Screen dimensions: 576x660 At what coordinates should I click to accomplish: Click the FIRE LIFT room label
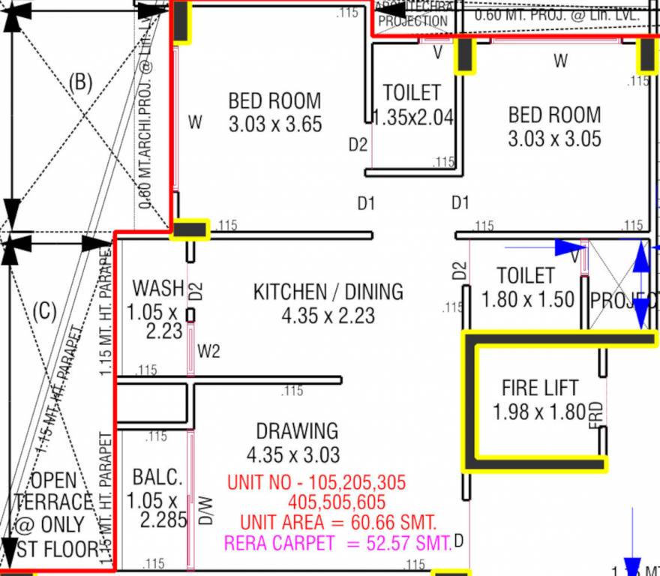pos(540,388)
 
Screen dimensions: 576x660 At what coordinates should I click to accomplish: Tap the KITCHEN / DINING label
pos(328,292)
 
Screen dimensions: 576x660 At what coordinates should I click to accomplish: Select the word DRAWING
pos(297,431)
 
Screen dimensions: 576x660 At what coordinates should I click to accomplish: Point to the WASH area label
pos(157,288)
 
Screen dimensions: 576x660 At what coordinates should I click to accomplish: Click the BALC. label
pos(157,477)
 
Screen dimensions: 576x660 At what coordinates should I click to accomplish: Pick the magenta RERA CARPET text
pos(338,544)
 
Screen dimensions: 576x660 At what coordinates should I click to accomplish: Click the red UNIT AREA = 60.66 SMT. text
pos(338,522)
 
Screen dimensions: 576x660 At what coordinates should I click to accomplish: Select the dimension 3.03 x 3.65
pos(275,124)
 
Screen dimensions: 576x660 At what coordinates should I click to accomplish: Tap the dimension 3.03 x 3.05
pos(554,139)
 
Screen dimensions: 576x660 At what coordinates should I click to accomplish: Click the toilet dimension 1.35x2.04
pos(413,118)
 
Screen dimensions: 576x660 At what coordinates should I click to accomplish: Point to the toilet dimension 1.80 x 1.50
pos(527,299)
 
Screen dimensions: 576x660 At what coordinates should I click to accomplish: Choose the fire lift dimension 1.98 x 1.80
pos(538,412)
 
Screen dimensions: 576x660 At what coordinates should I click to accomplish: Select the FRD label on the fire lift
pos(596,415)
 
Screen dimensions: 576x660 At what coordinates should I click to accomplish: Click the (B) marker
pos(80,82)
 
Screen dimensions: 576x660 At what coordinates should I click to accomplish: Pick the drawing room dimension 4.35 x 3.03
pos(293,454)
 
